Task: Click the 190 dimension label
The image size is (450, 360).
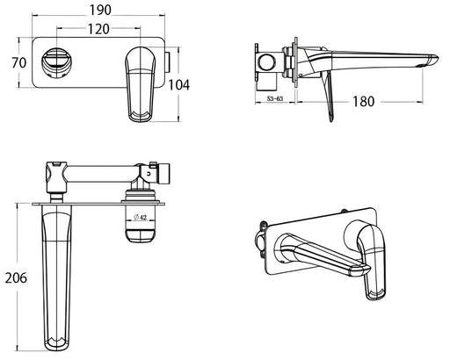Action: (100, 11)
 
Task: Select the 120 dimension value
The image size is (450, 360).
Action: (98, 29)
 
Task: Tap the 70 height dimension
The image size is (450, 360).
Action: (19, 63)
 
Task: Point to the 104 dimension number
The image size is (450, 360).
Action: (178, 85)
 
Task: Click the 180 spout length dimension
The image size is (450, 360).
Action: (363, 102)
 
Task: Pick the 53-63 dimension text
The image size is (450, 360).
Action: (275, 98)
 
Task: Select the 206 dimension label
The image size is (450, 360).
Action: (16, 277)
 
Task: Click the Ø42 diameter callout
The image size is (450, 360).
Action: (140, 217)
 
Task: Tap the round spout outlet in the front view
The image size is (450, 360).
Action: (57, 62)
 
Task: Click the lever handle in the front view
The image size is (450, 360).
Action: (140, 84)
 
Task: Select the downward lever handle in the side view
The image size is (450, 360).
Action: (328, 97)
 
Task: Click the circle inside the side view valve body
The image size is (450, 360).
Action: (266, 62)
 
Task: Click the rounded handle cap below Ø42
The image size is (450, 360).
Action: (140, 236)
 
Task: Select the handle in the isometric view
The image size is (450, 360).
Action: (372, 261)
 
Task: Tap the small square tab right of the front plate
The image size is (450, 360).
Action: (168, 63)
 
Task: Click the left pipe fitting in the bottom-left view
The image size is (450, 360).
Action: (56, 178)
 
